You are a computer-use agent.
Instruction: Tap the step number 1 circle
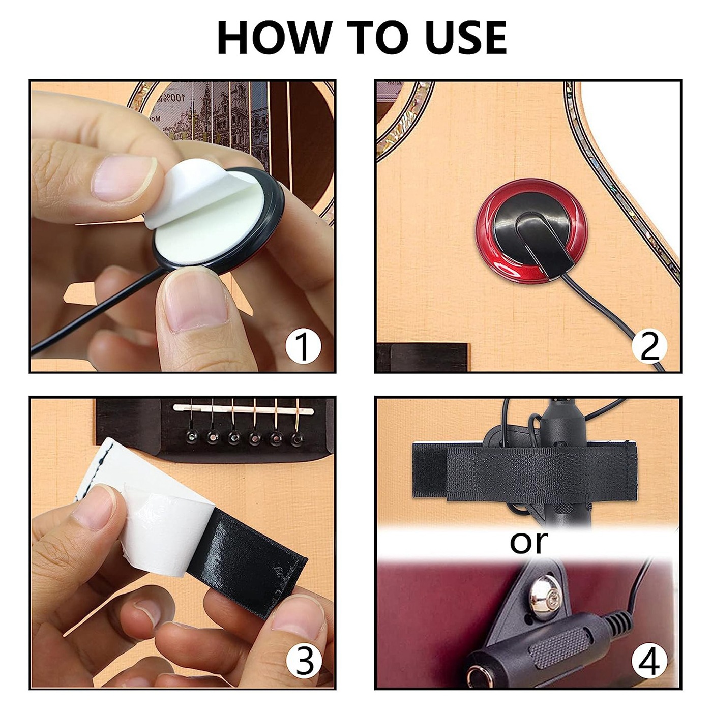click(303, 346)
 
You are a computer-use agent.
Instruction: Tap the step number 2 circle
click(649, 346)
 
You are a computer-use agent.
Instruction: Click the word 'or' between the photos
click(529, 542)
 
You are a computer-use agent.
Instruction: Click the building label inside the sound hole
click(214, 114)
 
